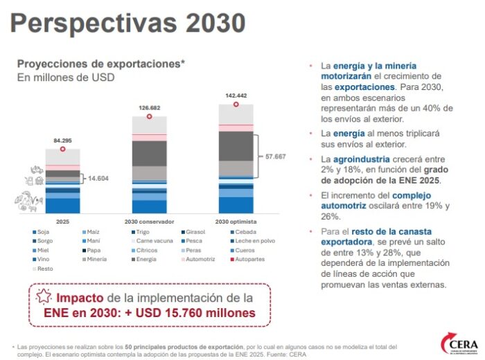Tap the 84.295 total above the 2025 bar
tap(62, 140)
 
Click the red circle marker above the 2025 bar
tap(62, 149)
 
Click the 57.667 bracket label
tap(276, 156)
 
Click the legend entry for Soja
tap(43, 232)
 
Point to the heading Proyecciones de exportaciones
tap(100, 63)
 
